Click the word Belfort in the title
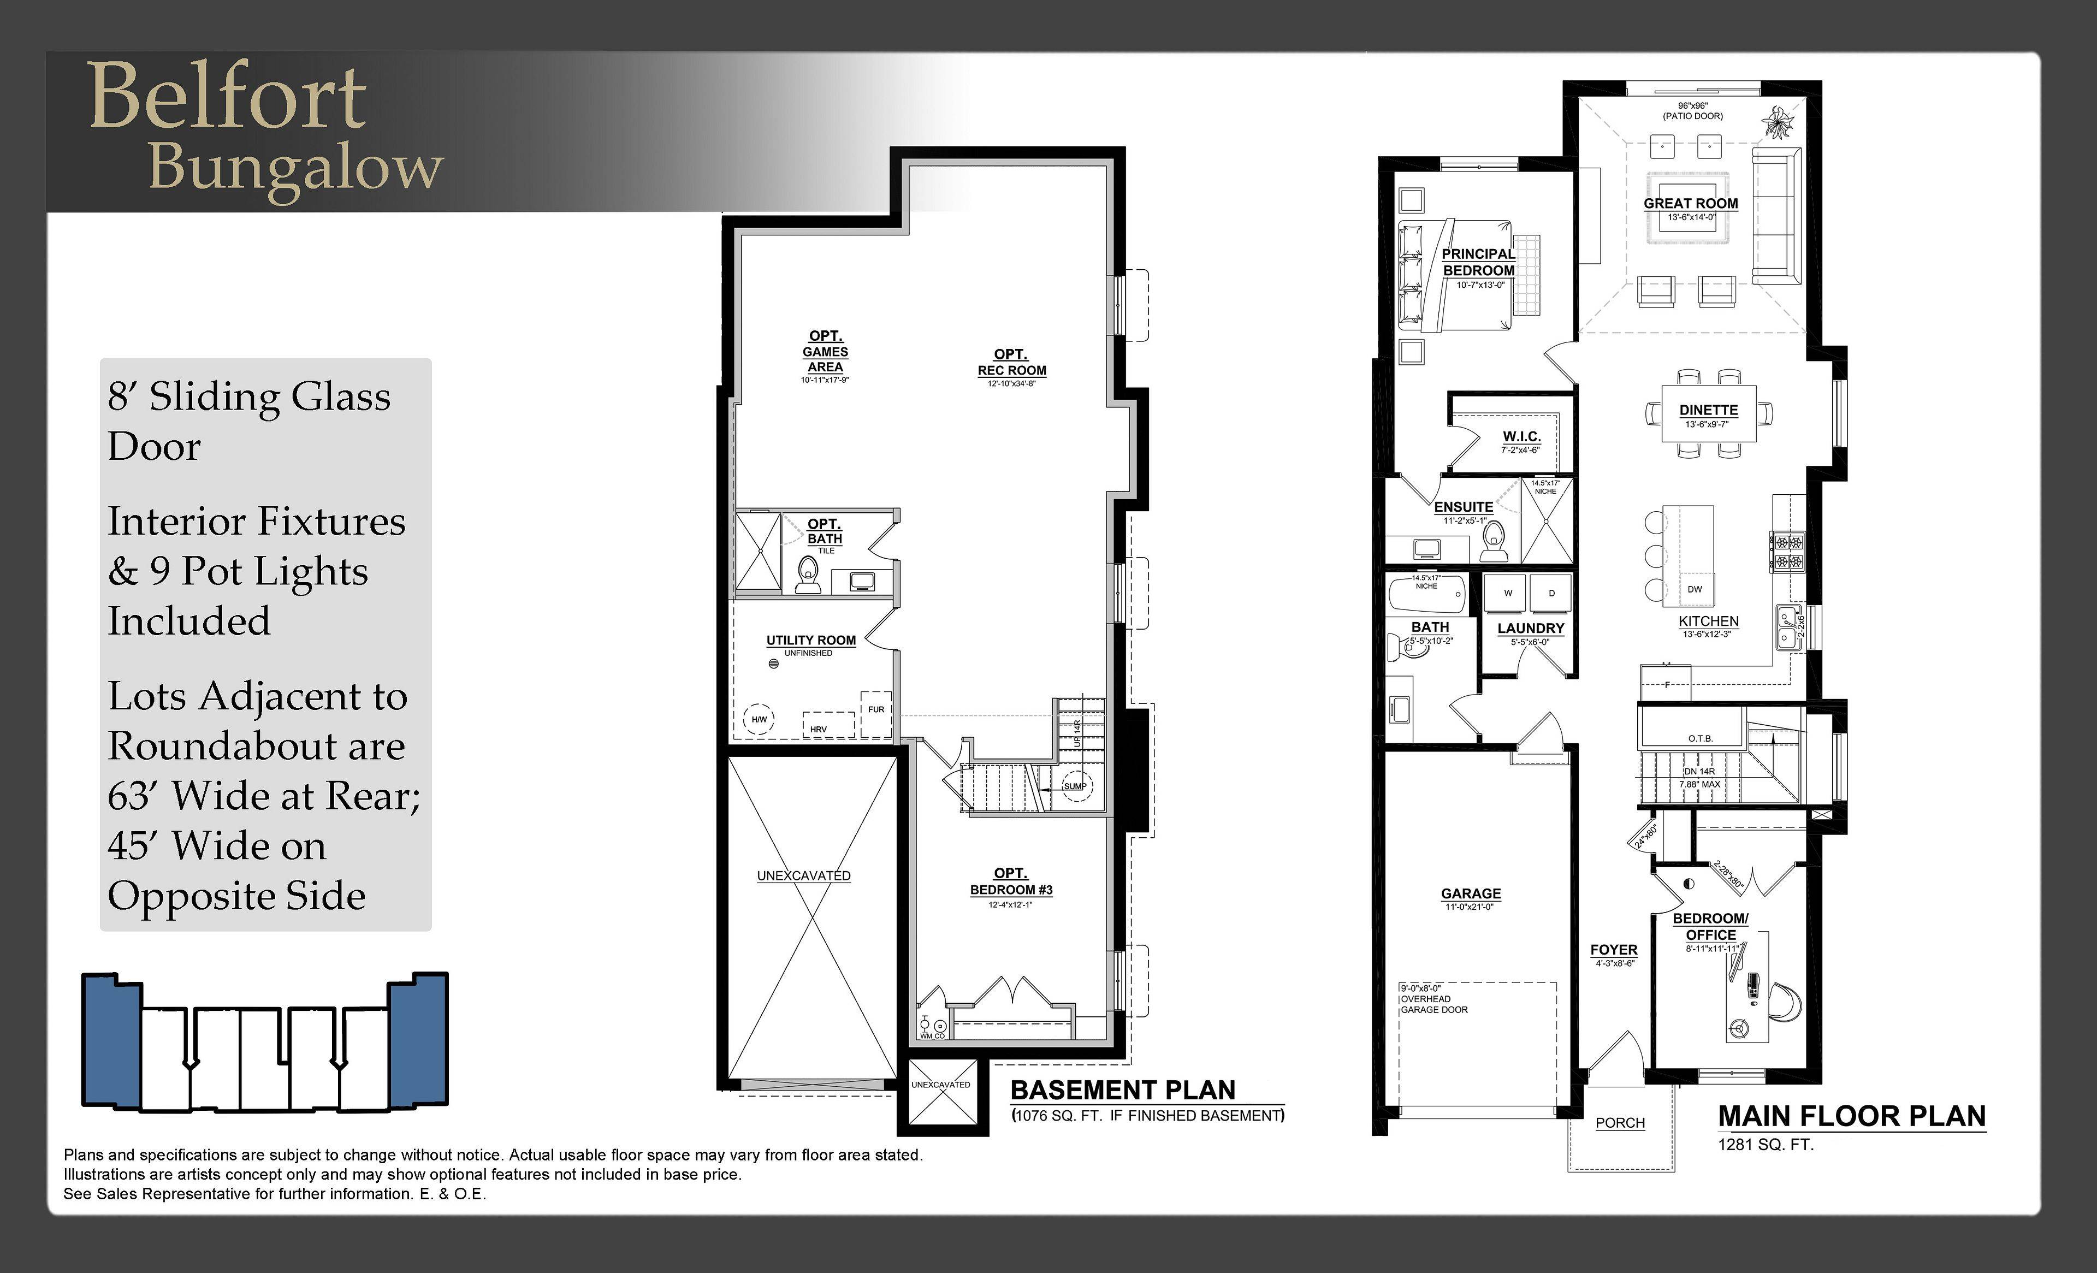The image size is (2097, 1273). click(x=228, y=96)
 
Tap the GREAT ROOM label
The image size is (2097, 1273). click(x=1690, y=203)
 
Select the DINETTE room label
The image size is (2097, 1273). click(x=1708, y=410)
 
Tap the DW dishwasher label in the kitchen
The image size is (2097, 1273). click(x=1695, y=589)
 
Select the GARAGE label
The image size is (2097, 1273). click(x=1471, y=893)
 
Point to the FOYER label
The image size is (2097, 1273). click(x=1614, y=950)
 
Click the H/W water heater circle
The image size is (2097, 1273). click(x=759, y=720)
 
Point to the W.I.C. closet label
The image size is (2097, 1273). click(x=1521, y=436)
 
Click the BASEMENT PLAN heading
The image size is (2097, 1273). click(x=1123, y=1090)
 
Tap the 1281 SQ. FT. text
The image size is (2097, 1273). click(x=1765, y=1145)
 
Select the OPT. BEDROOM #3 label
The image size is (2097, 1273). click(x=1010, y=881)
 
